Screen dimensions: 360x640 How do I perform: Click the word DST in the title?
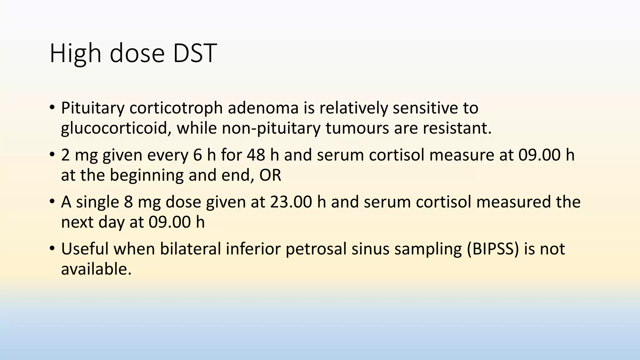[195, 53]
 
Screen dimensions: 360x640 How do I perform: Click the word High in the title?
[75, 53]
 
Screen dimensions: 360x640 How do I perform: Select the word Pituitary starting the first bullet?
[92, 108]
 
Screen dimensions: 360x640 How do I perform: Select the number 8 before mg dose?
[128, 202]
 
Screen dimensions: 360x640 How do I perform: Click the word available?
[96, 269]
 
